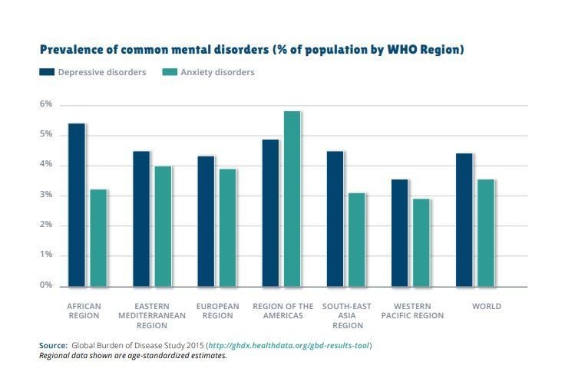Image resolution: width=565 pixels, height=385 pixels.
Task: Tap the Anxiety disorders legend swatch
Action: (x=170, y=72)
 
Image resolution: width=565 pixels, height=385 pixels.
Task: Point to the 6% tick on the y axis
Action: (x=46, y=104)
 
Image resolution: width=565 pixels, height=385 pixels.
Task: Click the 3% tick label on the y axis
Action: (x=46, y=195)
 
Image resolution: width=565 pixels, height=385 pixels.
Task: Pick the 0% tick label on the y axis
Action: (x=46, y=285)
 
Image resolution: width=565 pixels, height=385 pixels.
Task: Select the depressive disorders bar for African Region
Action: (x=77, y=205)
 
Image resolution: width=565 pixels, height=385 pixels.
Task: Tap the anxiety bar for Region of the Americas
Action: (x=292, y=199)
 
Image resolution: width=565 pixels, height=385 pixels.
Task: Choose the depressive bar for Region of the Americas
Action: (x=270, y=212)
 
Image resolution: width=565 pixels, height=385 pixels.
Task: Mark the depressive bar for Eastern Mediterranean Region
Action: (x=141, y=219)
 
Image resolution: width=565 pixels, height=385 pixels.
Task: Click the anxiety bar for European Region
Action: (x=227, y=228)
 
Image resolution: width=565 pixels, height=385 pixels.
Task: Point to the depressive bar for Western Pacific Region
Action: (x=400, y=232)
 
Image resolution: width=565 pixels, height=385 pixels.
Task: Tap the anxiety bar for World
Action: (x=486, y=232)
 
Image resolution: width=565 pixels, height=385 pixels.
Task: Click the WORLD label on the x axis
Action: (x=486, y=307)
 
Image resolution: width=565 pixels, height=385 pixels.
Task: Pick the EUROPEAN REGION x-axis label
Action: (x=217, y=311)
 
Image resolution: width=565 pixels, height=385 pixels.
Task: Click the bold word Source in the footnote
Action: (x=53, y=345)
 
